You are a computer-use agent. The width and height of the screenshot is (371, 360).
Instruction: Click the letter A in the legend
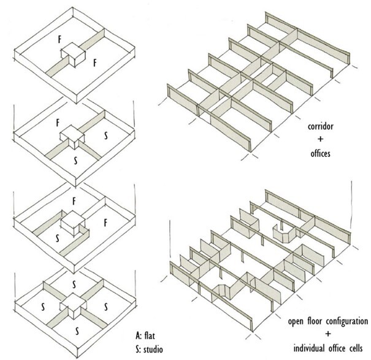[x=138, y=335]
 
